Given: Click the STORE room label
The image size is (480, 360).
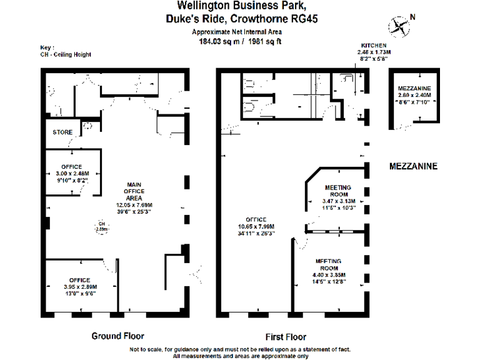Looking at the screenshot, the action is pos(62,132).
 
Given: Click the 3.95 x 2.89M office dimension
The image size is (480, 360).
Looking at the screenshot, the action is pos(80,286).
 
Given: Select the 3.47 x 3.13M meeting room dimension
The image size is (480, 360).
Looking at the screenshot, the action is pos(337,201).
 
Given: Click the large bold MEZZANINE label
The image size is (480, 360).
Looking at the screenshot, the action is pos(412,167).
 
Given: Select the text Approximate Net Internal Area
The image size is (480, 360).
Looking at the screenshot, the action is pos(237,32).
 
